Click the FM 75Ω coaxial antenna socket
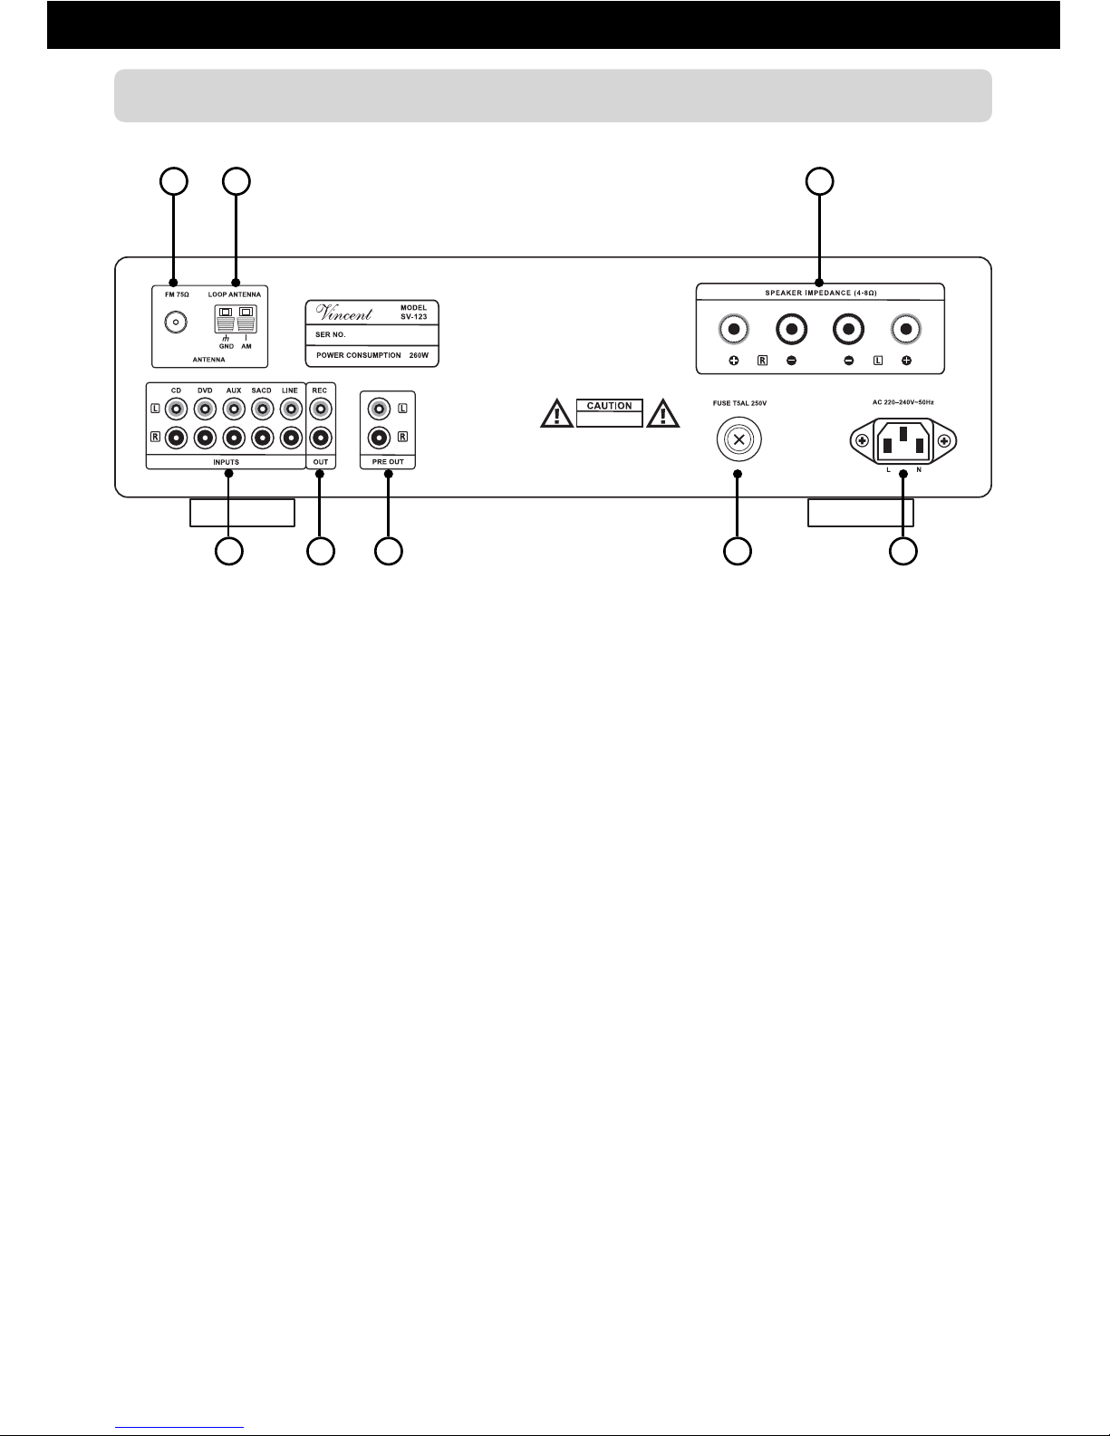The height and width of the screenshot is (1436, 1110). [176, 322]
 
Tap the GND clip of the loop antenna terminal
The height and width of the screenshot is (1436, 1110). [226, 319]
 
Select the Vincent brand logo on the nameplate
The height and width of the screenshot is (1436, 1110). [344, 313]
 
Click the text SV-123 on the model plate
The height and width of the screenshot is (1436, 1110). [413, 316]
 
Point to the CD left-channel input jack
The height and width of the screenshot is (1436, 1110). [176, 410]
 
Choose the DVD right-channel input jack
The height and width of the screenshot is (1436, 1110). [205, 438]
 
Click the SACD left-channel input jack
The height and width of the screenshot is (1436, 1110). [262, 410]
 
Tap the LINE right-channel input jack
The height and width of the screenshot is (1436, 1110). [292, 438]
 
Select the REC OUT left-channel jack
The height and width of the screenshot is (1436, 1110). [321, 410]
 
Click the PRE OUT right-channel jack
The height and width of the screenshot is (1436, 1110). [380, 438]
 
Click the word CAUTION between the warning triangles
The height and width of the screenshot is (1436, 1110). [609, 406]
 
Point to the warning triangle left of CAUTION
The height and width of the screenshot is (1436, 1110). [557, 413]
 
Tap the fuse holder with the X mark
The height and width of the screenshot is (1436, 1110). [739, 439]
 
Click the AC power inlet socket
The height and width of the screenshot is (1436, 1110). [903, 440]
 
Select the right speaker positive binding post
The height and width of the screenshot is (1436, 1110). [734, 329]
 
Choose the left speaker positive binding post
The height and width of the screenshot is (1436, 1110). [906, 329]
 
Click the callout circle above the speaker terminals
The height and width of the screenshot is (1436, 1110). [819, 182]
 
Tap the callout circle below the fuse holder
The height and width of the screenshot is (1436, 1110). [738, 551]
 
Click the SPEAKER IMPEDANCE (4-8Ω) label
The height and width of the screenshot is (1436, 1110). [821, 293]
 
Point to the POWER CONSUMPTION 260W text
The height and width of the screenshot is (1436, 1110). [372, 355]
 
